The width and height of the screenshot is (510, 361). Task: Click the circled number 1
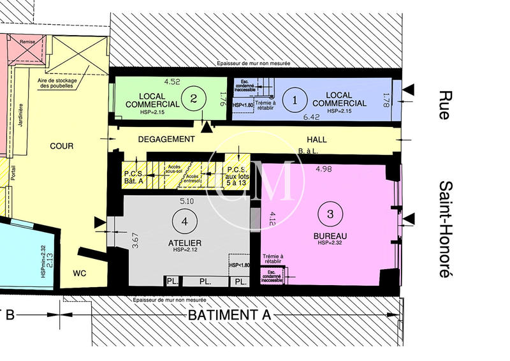[295, 99]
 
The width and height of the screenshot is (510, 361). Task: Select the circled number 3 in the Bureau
[330, 214]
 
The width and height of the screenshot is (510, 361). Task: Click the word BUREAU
[330, 236]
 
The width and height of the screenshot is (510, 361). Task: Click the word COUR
[62, 146]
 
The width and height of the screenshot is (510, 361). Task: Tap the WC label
[80, 274]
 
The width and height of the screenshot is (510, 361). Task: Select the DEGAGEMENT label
[165, 139]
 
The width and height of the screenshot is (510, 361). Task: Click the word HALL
[317, 139]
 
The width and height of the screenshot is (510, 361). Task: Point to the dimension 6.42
[312, 117]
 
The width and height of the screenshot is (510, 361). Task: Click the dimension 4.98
[325, 169]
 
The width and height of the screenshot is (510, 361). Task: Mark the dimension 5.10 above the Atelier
[187, 201]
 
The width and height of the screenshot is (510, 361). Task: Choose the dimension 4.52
[172, 82]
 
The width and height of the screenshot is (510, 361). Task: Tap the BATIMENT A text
[229, 315]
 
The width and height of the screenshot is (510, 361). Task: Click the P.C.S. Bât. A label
[135, 177]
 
